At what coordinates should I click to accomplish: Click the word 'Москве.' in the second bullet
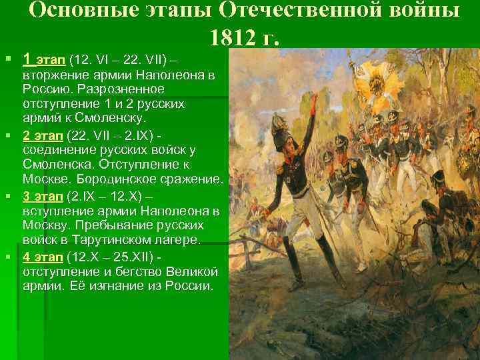45,181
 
